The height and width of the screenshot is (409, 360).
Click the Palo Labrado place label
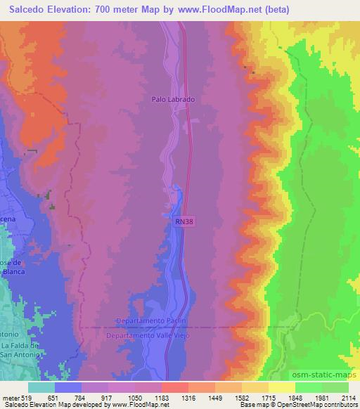point(172,100)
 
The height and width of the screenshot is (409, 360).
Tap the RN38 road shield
point(181,221)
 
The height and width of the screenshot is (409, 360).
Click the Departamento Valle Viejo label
point(148,337)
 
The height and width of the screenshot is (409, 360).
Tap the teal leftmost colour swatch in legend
point(41,387)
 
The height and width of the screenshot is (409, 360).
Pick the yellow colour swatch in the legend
point(282,387)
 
